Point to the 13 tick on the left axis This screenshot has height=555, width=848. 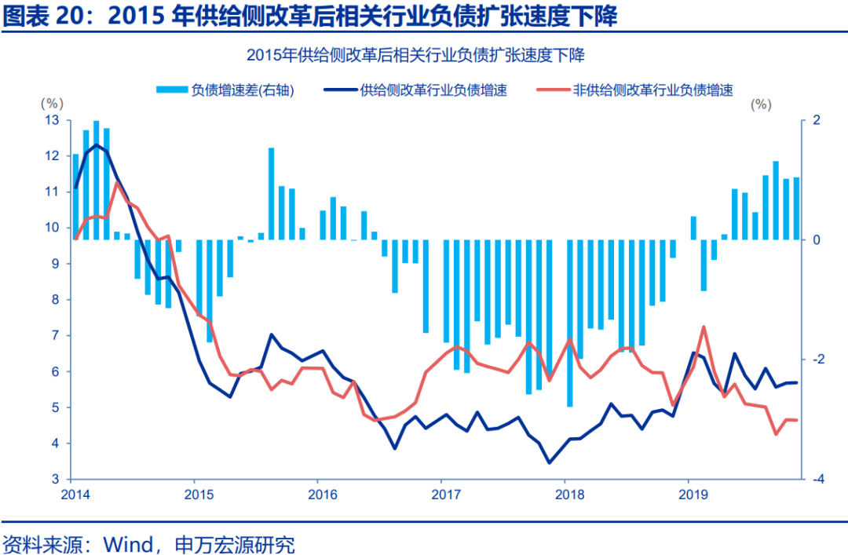point(53,120)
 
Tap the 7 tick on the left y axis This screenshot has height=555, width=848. point(56,336)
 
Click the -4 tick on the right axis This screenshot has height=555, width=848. point(817,479)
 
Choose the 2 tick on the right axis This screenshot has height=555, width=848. point(817,120)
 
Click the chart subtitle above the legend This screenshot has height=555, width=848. point(415,55)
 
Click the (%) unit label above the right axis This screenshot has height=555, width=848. point(760,104)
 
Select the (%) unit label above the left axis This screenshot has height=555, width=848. point(50,104)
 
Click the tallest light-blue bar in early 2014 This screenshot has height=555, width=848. point(97,181)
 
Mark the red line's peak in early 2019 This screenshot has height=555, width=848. point(704,327)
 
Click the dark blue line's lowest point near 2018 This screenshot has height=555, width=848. point(550,462)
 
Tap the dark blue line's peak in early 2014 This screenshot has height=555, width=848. point(97,144)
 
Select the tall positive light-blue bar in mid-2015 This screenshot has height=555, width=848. point(271,193)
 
